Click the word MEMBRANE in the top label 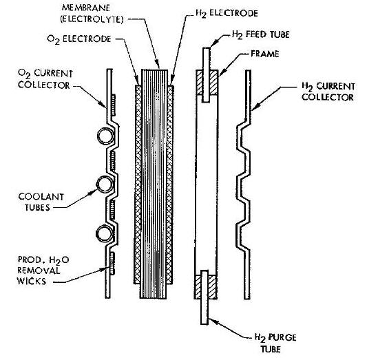86,8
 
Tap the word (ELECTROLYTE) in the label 92,19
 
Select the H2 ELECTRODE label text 227,13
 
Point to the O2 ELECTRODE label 79,39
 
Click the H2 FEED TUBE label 260,34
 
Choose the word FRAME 264,54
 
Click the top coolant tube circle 105,136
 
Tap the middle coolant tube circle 105,184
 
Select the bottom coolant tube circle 104,233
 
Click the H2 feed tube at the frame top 206,75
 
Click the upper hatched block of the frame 207,83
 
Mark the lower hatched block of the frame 205,287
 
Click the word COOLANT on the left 41,197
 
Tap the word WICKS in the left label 32,281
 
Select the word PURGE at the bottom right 282,337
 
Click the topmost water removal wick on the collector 113,105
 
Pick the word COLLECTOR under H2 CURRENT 327,97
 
